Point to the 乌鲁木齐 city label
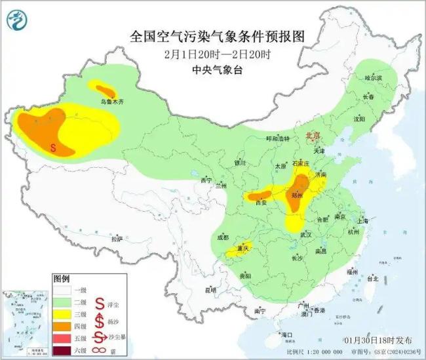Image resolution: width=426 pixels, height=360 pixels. tap(111, 102)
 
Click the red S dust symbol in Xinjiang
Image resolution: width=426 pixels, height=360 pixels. tap(52, 148)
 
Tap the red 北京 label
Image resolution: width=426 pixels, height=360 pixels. tap(313, 136)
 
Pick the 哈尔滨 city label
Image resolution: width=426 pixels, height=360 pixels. tap(373, 78)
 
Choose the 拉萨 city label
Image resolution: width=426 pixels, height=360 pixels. tap(117, 239)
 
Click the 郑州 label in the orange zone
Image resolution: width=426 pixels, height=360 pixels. tap(297, 195)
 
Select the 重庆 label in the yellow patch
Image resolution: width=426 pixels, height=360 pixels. tap(244, 249)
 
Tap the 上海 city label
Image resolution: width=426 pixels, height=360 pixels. tap(364, 221)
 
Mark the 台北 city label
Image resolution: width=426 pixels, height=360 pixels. tap(372, 278)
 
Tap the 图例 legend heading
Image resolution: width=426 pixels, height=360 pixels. tap(62, 278)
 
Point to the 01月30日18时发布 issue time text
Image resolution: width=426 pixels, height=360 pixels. tap(378, 340)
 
